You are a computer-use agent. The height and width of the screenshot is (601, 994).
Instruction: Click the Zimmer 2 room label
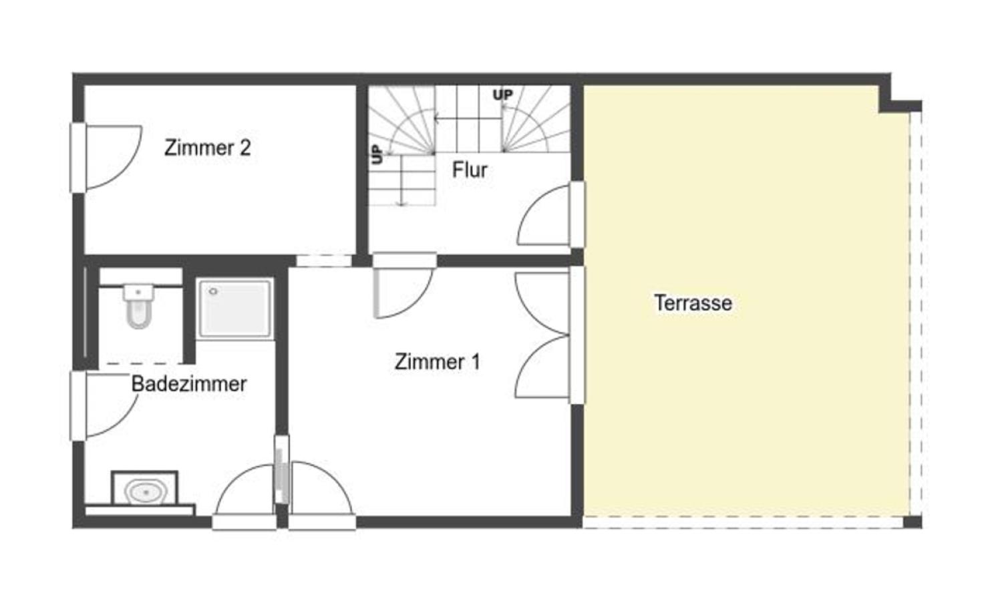tap(207, 148)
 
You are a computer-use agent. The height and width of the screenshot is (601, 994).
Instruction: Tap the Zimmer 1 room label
tap(437, 361)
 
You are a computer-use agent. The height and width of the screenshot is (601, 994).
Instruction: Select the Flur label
tap(470, 170)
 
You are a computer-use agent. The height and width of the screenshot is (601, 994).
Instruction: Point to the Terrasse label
tap(693, 303)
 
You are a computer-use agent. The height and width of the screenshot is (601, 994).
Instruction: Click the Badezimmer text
tap(189, 384)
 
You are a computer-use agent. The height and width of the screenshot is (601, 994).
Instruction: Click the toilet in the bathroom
tap(138, 306)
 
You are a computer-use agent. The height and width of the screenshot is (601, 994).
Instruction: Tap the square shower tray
tap(234, 308)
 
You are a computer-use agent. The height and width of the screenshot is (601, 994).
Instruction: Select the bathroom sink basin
tap(145, 491)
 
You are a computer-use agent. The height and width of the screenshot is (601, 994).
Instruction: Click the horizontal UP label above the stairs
tap(503, 95)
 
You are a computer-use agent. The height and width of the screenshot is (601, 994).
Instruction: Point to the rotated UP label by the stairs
tap(377, 154)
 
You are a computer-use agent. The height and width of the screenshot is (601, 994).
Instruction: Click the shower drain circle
tap(214, 291)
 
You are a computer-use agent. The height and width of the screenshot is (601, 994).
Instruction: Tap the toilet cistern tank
tap(138, 292)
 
